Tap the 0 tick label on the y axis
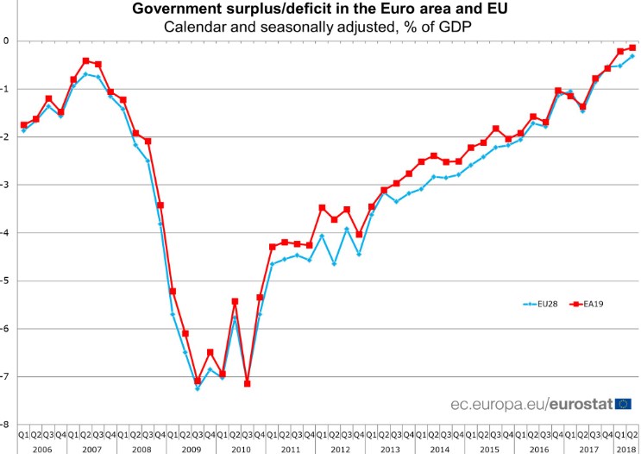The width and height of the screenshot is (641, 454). coord(6,41)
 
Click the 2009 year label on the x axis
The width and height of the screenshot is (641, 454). coord(191,448)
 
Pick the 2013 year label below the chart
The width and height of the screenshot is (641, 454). coord(389,448)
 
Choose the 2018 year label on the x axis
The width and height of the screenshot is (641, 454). coord(619,448)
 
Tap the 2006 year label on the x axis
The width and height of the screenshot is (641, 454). coord(41,448)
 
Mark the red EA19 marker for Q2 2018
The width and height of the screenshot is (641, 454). coord(632,47)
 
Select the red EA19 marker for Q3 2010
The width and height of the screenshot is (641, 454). coord(247,383)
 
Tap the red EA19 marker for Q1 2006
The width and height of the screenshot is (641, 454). coord(23,125)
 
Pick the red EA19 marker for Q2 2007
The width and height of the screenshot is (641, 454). coord(85,60)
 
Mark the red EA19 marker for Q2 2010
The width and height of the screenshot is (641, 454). coord(235,301)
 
